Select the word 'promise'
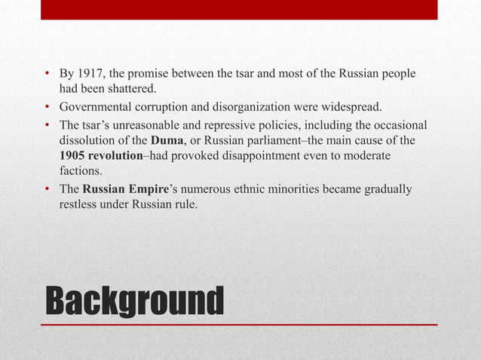point(154,75)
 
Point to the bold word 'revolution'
point(116,155)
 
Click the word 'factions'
point(80,170)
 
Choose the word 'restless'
point(78,203)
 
